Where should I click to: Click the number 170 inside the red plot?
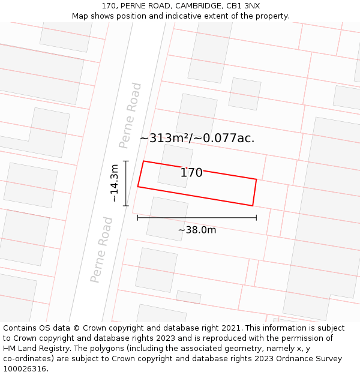(x=191, y=173)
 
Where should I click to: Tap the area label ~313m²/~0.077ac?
(x=197, y=138)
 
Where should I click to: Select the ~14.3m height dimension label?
(x=114, y=183)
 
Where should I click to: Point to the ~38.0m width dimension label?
(x=197, y=230)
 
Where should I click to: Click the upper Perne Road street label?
(x=130, y=116)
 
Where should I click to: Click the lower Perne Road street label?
(x=101, y=250)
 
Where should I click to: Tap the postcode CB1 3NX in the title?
(x=243, y=6)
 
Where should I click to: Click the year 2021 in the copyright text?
(x=232, y=328)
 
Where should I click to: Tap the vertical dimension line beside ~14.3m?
(x=126, y=183)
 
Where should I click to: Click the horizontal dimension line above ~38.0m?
(x=197, y=218)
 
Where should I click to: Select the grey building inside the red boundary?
(x=175, y=165)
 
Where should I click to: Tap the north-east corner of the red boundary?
(x=256, y=179)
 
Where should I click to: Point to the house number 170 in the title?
(x=109, y=6)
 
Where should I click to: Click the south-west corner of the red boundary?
(x=138, y=187)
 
